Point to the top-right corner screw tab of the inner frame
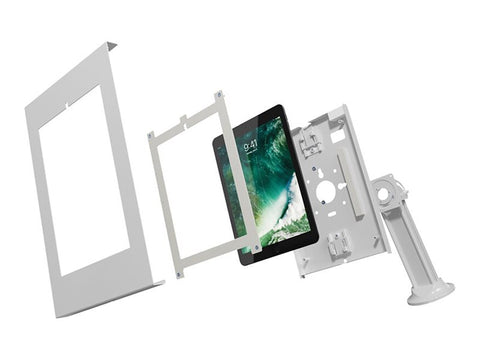[222, 97]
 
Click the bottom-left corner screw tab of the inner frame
[178, 272]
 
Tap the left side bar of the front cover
[45, 200]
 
